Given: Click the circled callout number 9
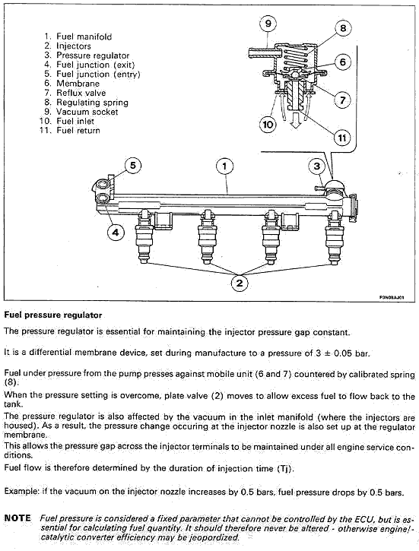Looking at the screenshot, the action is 268,24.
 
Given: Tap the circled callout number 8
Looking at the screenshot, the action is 343,28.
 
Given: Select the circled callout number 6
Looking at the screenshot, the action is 343,62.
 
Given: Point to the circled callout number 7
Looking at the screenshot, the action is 342,100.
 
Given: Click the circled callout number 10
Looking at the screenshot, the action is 268,125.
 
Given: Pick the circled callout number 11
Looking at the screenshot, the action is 342,138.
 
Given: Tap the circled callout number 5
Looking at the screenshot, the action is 132,165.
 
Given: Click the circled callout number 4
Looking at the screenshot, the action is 116,232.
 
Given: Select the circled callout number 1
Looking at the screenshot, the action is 224,166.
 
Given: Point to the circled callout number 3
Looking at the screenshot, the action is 316,166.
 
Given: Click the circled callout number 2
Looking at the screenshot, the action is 240,283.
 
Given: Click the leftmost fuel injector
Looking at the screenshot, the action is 144,237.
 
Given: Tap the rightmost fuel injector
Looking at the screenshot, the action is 334,237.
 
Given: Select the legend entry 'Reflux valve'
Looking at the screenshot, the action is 81,93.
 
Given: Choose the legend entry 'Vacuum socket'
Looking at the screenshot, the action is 87,112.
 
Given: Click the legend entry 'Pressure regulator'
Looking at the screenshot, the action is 93,55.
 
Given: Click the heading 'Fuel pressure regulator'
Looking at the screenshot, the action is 52,315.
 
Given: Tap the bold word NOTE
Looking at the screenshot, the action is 17,518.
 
